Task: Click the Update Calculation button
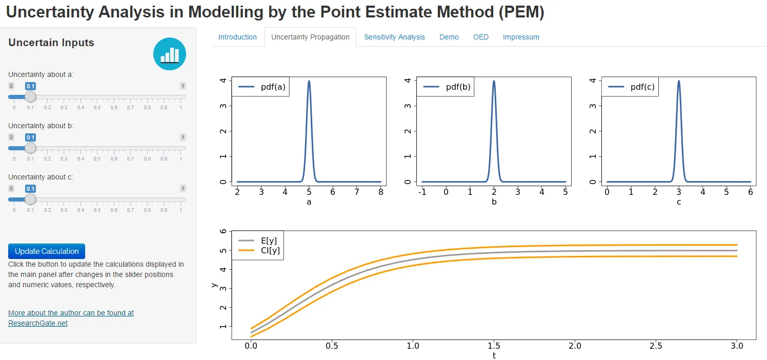click(x=47, y=251)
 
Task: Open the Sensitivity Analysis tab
click(x=394, y=37)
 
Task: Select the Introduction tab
click(x=237, y=37)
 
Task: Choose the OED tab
click(x=480, y=37)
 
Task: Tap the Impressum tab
click(x=521, y=37)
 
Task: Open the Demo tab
click(x=449, y=37)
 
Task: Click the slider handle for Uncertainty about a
click(x=31, y=96)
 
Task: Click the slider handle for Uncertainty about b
click(x=31, y=148)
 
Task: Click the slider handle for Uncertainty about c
click(x=31, y=199)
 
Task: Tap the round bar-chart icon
click(x=170, y=54)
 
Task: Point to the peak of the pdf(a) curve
click(x=309, y=81)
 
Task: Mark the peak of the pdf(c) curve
click(x=679, y=81)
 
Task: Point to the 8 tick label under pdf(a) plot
click(x=380, y=192)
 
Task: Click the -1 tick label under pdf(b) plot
click(x=422, y=192)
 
